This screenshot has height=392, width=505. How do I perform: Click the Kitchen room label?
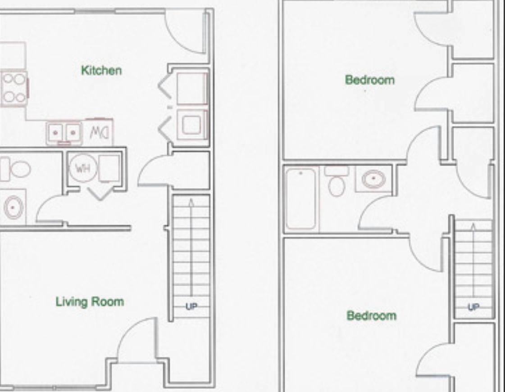[101, 71]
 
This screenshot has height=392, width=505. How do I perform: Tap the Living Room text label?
[89, 302]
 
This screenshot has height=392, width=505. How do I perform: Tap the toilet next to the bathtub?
[337, 181]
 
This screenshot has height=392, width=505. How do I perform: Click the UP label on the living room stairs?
[191, 307]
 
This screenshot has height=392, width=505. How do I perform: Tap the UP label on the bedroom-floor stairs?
[473, 307]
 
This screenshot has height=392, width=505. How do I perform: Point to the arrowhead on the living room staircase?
[191, 202]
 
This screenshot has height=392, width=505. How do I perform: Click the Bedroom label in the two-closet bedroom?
[369, 80]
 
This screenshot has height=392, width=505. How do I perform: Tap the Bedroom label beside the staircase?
[372, 315]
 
